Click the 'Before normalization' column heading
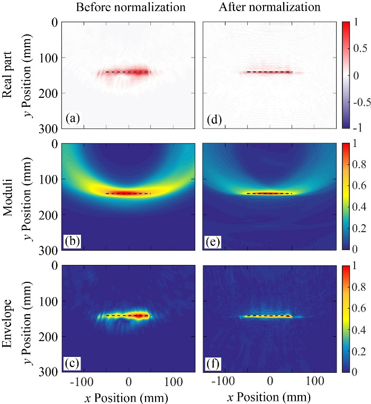pyautogui.click(x=131, y=7)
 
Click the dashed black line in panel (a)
pyautogui.click(x=128, y=72)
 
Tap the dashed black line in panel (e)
pyautogui.click(x=270, y=194)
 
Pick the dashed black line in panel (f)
pyautogui.click(x=270, y=316)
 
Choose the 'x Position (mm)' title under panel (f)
pyautogui.click(x=269, y=396)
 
